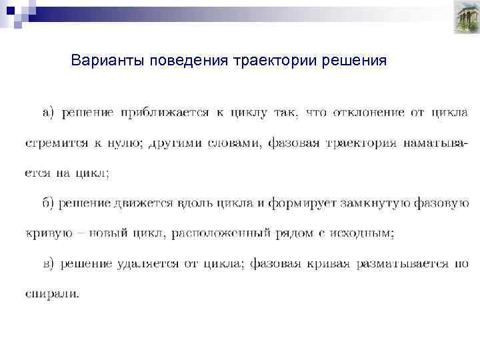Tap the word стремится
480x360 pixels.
click(53, 143)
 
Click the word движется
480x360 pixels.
click(143, 203)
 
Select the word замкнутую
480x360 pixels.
click(373, 203)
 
